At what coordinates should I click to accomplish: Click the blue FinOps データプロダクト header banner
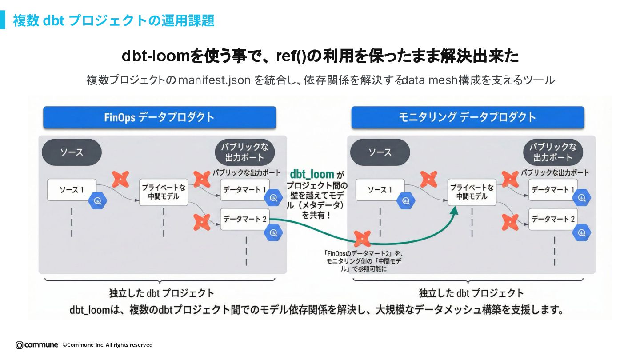(x=160, y=117)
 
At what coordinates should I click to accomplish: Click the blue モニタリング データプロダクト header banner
(x=468, y=117)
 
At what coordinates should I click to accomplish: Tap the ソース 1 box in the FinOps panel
(x=72, y=190)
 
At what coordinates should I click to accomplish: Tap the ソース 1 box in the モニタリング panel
(x=380, y=190)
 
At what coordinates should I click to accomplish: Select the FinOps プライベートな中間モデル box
(x=164, y=192)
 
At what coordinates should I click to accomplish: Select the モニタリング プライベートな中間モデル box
(x=472, y=192)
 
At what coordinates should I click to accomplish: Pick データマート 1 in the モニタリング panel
(x=553, y=190)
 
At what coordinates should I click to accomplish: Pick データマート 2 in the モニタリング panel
(x=553, y=219)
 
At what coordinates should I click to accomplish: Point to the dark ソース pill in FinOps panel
(x=72, y=152)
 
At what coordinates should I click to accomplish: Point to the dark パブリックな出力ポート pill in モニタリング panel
(x=553, y=152)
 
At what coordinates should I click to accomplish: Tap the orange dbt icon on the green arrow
(x=362, y=239)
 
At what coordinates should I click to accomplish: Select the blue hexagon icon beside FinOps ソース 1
(x=97, y=201)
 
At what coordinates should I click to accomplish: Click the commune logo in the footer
(x=37, y=345)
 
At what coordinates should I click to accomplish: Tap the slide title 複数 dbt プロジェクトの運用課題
(x=113, y=20)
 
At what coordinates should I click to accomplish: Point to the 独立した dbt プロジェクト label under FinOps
(x=162, y=293)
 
